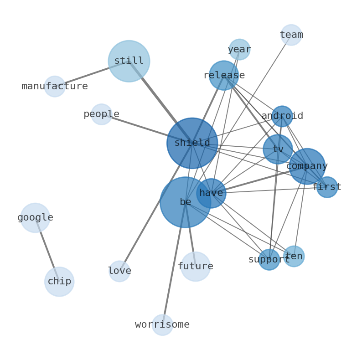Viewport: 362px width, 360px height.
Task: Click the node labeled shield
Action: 192,143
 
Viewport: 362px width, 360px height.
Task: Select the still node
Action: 129,61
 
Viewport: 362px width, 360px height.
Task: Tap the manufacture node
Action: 55,87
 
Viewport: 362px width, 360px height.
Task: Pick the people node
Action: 101,114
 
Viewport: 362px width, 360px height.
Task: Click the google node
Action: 35,218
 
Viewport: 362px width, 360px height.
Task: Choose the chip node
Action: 59,282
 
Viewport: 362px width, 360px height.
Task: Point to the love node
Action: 119,271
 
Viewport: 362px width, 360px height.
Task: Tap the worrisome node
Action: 162,325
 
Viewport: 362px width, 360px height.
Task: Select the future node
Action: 195,267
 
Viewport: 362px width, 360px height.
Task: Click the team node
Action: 291,35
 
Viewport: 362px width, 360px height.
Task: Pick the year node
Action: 239,50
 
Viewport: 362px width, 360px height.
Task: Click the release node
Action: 223,76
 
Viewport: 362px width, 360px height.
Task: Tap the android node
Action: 282,116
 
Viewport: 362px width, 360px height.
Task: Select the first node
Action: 327,187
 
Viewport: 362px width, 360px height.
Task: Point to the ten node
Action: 294,256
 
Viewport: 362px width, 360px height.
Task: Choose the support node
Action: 269,260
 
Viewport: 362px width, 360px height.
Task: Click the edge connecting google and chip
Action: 47,249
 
